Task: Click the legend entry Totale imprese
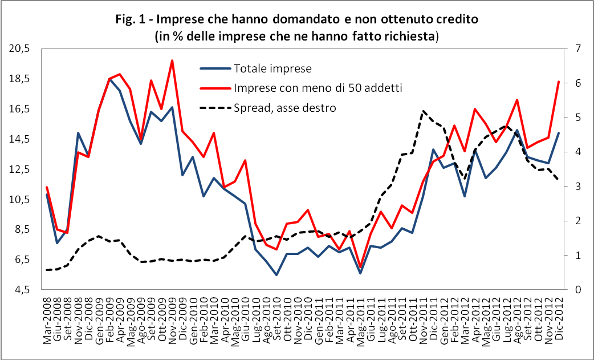(272, 68)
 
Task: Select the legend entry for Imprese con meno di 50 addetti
(318, 88)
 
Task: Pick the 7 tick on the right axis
(573, 49)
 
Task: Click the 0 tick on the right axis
(573, 290)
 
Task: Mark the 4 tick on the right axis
(573, 152)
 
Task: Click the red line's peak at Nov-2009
(172, 60)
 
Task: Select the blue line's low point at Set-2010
(276, 275)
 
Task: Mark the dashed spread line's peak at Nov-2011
(424, 111)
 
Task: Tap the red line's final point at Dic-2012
(559, 82)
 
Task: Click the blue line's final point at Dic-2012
(559, 133)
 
